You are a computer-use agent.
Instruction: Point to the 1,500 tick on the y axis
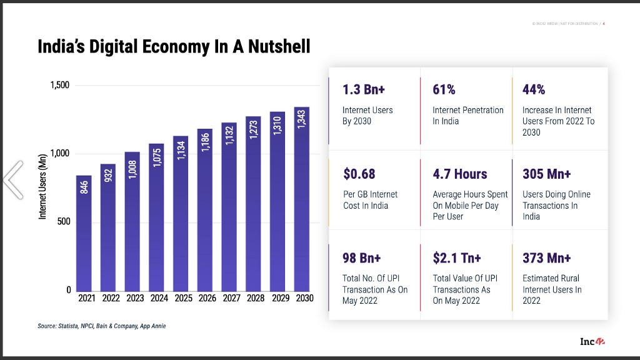[60, 86]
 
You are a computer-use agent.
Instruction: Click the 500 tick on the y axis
[64, 222]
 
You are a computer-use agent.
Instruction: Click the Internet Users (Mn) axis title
[43, 187]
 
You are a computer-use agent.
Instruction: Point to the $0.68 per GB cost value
[359, 174]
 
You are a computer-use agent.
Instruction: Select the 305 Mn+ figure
[547, 174]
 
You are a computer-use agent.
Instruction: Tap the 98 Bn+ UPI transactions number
[362, 258]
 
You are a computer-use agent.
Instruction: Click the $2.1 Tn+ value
[457, 258]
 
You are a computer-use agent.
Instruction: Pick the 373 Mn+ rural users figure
[547, 258]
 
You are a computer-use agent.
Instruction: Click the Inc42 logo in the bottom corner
[592, 341]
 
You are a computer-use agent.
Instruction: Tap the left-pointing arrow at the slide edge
[13, 179]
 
